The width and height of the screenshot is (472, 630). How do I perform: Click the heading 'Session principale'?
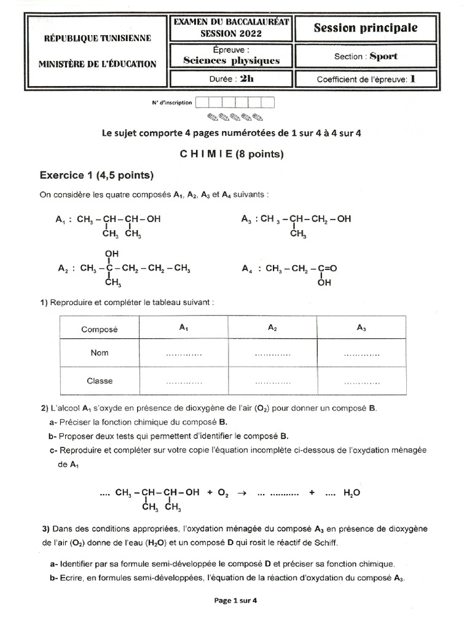pos(366,28)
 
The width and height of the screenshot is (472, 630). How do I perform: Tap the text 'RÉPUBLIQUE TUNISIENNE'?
pos(97,38)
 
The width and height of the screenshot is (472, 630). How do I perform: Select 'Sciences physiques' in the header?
pos(231,60)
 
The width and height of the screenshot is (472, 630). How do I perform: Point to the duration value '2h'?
pos(246,79)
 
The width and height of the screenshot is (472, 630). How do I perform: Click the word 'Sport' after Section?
pos(383,56)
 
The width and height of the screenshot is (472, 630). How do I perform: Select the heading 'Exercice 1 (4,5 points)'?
pos(96,175)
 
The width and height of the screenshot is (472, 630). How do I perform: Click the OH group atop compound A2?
pos(112,253)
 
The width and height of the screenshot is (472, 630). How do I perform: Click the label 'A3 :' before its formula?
pos(250,218)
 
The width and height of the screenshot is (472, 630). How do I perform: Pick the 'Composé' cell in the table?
pos(99,329)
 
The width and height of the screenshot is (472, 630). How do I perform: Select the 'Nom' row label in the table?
pos(99,353)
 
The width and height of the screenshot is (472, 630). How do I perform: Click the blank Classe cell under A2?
pos(272,381)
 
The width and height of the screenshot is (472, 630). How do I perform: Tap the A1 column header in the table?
pos(183,329)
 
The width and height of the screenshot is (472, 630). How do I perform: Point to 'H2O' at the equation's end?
pos(352,493)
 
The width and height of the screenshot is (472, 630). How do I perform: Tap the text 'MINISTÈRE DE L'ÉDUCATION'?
pos(97,64)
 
